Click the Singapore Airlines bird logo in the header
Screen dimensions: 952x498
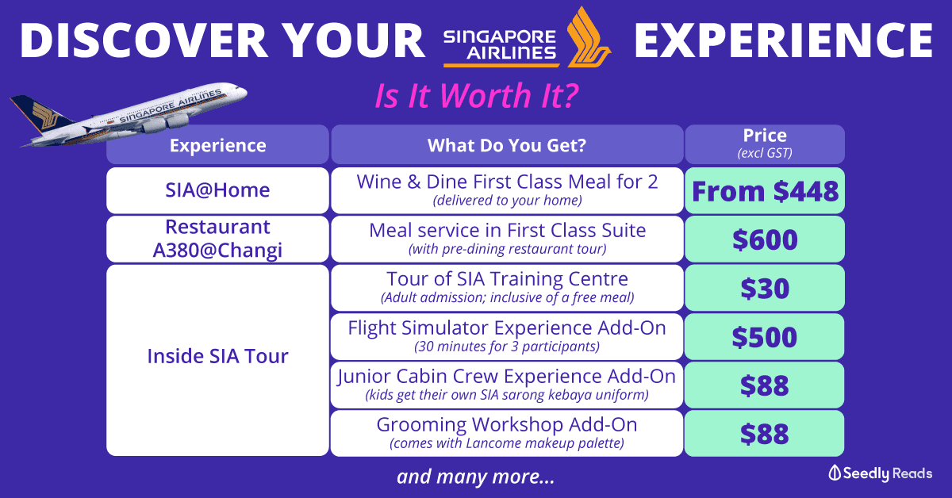click(x=589, y=38)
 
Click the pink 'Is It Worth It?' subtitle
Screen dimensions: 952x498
click(x=477, y=96)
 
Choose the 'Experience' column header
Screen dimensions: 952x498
click(x=217, y=144)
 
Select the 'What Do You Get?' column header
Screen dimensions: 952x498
click(x=507, y=144)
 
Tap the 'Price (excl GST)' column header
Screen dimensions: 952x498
click(x=765, y=144)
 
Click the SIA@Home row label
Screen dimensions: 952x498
click(x=217, y=190)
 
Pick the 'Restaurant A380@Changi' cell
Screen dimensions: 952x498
click(x=217, y=239)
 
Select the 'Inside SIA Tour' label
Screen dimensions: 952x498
click(x=217, y=356)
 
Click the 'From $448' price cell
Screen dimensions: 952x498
click(x=765, y=190)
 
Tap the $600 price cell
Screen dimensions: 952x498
click(x=765, y=239)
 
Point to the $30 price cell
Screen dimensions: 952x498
click(x=765, y=288)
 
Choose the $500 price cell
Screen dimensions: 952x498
click(x=764, y=336)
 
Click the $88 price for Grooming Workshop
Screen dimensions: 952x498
click(x=764, y=434)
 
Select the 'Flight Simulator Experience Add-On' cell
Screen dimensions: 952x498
click(x=507, y=336)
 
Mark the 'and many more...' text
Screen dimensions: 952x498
click(x=475, y=477)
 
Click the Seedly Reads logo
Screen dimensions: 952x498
click(x=880, y=473)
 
